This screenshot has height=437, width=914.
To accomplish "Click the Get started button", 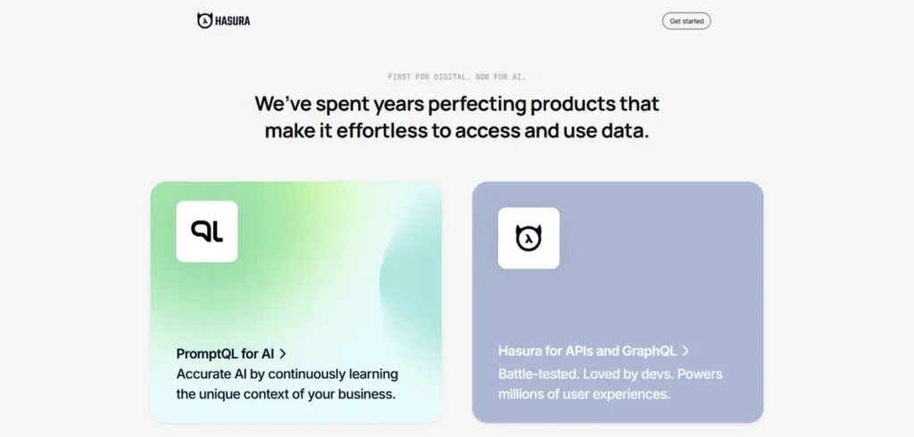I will [685, 21].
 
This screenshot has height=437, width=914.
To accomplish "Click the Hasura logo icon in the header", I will [204, 20].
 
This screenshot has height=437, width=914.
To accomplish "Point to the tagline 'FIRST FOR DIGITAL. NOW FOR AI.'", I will [457, 77].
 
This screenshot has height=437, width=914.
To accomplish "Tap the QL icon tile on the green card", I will [207, 231].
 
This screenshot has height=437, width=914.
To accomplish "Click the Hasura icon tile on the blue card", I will [528, 238].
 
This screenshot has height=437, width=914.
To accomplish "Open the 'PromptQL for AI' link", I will [225, 353].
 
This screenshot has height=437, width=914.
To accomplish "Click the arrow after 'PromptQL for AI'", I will [283, 354].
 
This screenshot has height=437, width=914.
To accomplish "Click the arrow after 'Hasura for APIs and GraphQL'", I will [685, 351].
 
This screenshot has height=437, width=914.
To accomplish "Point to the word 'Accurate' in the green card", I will [204, 374].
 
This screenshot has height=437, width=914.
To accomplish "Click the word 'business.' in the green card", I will [365, 393].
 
